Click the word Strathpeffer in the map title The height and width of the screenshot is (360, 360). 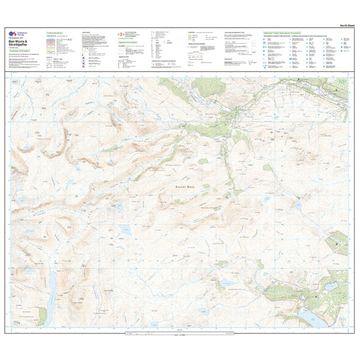20,45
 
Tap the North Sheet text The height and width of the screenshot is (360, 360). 339,25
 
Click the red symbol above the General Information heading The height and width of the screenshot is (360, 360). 118,33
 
